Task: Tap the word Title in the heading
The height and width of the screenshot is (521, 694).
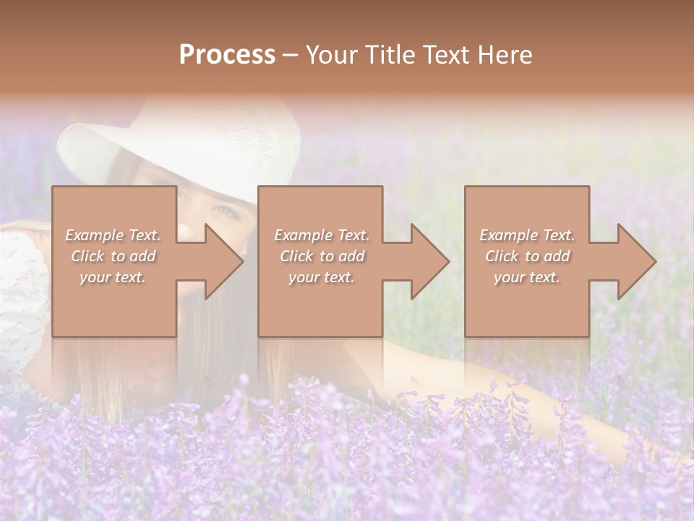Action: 387,55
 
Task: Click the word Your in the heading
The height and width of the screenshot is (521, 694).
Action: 332,55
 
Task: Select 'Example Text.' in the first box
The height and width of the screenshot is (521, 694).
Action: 113,235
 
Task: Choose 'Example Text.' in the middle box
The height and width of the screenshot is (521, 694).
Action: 322,235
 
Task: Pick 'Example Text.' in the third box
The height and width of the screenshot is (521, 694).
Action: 527,235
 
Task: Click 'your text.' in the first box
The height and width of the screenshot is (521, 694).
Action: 113,277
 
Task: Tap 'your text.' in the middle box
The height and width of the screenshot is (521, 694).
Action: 321,277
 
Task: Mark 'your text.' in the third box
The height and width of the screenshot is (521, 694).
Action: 526,277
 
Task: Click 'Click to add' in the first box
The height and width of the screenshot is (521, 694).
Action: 113,256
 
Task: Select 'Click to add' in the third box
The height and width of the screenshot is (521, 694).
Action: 527,256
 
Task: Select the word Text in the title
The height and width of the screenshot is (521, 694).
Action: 446,55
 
